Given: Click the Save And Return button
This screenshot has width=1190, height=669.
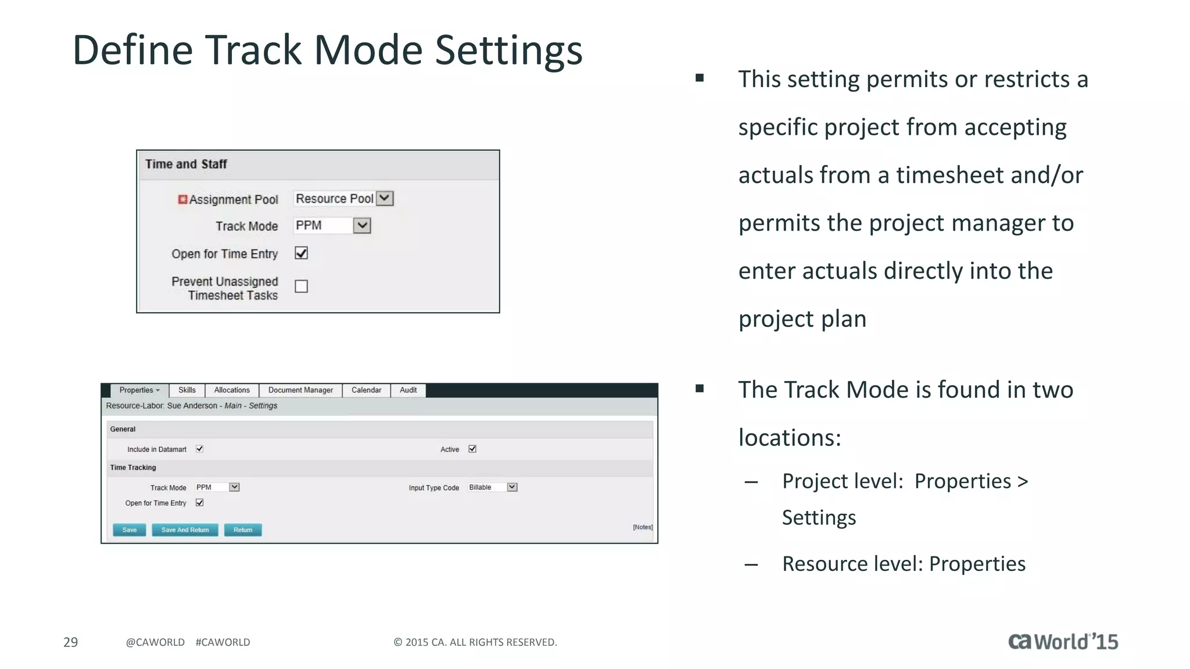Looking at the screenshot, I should [x=185, y=530].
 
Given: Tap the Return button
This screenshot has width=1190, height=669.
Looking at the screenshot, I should [x=243, y=530].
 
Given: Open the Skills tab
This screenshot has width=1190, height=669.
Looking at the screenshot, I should [x=187, y=390].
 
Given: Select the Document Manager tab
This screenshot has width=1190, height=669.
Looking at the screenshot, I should [x=300, y=390].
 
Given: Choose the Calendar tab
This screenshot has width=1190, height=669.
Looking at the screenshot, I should [x=366, y=390].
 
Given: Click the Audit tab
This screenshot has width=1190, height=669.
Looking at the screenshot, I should [x=408, y=390].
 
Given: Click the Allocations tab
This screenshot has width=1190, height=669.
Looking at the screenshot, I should [x=232, y=390].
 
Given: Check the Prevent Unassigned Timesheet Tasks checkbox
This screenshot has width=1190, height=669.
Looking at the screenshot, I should [x=301, y=286].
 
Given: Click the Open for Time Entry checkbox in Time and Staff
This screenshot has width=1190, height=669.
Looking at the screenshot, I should [x=301, y=253].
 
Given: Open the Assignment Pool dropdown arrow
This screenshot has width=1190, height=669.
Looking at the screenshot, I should [x=385, y=198].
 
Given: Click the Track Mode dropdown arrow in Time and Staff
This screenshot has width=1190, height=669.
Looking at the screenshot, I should [x=362, y=225].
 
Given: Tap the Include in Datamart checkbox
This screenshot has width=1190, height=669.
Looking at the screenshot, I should [x=199, y=449].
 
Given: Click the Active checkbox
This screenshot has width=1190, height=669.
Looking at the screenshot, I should [x=472, y=449].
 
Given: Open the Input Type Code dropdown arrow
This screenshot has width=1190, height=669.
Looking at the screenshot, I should [x=512, y=487].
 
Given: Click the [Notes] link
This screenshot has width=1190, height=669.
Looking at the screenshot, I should [x=643, y=527].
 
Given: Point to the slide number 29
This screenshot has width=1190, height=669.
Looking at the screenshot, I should [x=70, y=642].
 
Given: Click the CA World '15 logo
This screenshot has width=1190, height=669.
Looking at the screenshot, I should [x=1063, y=642].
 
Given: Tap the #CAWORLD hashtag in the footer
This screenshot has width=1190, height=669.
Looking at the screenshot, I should [x=223, y=642].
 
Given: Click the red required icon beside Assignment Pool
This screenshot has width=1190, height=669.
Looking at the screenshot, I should [x=182, y=199].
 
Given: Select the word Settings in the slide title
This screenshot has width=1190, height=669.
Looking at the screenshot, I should [x=508, y=51].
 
